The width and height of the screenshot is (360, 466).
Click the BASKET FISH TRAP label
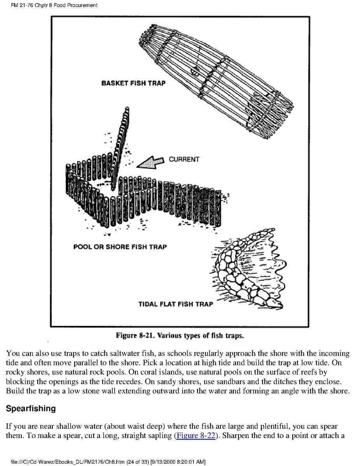click(133, 83)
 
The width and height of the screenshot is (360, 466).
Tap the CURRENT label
click(183, 159)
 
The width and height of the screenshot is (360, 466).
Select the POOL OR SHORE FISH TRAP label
click(120, 247)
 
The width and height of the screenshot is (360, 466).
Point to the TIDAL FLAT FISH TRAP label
click(176, 304)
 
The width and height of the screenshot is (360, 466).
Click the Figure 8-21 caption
click(180, 335)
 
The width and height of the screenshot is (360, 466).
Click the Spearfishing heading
click(30, 409)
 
